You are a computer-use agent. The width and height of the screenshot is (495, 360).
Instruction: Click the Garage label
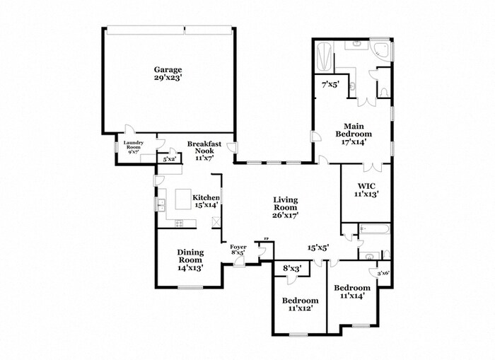coord(168,69)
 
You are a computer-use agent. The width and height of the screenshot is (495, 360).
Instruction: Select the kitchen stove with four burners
coord(180,224)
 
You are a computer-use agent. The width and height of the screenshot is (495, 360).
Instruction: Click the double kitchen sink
coord(161,206)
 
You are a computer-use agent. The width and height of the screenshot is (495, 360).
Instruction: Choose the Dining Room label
coord(190,260)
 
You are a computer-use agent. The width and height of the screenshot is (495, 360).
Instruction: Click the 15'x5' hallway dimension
coord(318,247)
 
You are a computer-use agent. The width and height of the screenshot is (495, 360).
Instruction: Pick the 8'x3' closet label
coord(292,269)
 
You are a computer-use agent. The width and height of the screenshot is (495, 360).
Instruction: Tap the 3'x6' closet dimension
coord(383,273)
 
